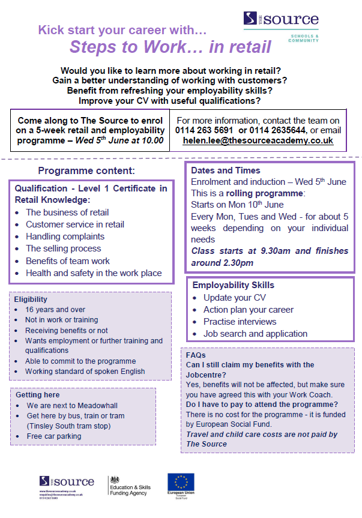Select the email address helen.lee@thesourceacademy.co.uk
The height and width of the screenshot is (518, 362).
(258, 141)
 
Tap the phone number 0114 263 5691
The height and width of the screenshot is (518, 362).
(204, 130)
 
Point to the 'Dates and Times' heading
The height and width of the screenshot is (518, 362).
(226, 170)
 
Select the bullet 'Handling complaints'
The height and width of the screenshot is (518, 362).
(65, 236)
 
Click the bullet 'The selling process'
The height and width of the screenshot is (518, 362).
(63, 248)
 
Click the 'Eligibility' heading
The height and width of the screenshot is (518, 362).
(31, 299)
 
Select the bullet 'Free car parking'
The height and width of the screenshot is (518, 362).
(53, 436)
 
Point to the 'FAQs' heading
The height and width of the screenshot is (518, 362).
(196, 355)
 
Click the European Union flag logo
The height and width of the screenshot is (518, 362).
(181, 483)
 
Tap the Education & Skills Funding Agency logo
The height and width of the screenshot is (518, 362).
(129, 484)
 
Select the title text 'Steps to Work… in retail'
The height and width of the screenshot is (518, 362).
(170, 46)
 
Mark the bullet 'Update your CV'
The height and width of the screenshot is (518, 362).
(234, 298)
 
